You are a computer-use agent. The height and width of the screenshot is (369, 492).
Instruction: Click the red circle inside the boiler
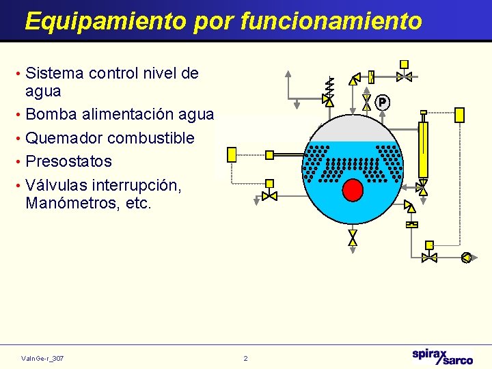(x=353, y=189)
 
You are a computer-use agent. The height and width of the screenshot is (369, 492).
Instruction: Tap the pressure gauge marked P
(x=383, y=102)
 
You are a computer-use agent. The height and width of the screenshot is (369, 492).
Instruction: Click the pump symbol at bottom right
(x=466, y=258)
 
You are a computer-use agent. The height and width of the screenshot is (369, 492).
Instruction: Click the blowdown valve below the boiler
(x=353, y=237)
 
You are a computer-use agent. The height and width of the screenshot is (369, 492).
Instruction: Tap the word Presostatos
(x=68, y=161)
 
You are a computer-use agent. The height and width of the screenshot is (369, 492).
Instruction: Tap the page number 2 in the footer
(x=246, y=358)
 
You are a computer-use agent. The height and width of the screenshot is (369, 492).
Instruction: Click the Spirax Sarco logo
(x=442, y=356)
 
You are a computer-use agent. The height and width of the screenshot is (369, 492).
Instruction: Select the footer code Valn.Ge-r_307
(x=42, y=358)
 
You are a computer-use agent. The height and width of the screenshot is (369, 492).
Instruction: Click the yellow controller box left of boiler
(x=232, y=154)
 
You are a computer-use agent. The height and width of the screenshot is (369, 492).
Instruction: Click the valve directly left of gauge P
(x=367, y=102)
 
